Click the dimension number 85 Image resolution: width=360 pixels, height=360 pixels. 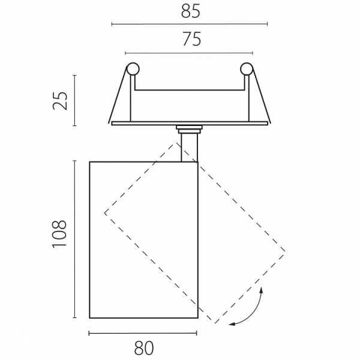tap(191, 11)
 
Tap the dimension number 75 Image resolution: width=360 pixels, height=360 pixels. tap(192, 39)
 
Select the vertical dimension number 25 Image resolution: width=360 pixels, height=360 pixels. tap(60, 101)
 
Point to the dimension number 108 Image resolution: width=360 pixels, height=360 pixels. tap(59, 234)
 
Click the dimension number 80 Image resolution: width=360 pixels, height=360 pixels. tap(144, 348)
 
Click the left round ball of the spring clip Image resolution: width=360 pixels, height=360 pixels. tap(133, 68)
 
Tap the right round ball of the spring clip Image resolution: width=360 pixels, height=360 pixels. tap(247, 68)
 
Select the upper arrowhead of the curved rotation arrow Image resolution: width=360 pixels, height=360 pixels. tap(261, 290)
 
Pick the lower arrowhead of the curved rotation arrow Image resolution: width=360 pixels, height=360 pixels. tap(232, 324)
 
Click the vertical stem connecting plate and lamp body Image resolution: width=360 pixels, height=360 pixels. tap(189, 148)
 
